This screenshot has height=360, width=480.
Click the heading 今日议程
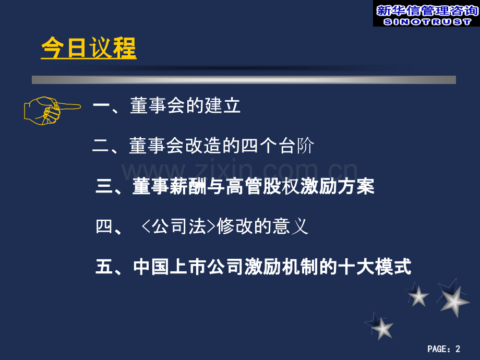coord(88,49)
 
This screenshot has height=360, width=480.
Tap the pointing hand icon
coord(51,110)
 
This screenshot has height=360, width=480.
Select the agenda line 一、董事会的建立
coord(166,106)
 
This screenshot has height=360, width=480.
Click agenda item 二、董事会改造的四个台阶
coord(202,147)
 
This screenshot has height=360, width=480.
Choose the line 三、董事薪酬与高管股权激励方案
coord(235,186)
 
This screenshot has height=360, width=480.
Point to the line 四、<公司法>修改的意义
coord(202,227)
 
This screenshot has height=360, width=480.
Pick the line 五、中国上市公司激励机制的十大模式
coord(254,267)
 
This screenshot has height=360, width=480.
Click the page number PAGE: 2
coord(444,349)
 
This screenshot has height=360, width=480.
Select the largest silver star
coord(452,301)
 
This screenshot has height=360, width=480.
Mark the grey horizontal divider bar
coord(244,80)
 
